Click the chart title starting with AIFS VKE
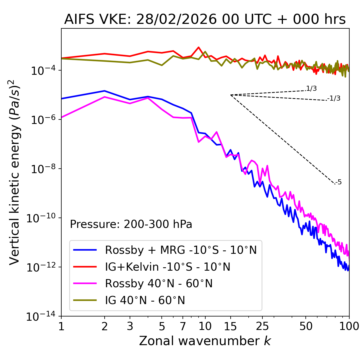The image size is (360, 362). [x=205, y=20]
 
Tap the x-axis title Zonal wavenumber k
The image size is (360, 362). [x=205, y=341]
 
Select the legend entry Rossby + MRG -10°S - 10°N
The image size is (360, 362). [x=181, y=250]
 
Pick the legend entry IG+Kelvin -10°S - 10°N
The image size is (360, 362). [x=168, y=267]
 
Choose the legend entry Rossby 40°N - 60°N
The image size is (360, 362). [x=159, y=284]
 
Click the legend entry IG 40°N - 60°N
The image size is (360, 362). [x=145, y=300]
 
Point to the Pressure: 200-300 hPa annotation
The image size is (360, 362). [x=131, y=224]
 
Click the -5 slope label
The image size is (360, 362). [x=338, y=182]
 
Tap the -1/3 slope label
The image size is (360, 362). [x=334, y=98]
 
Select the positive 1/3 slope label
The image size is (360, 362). [x=311, y=89]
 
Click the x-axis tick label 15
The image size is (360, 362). [x=230, y=326]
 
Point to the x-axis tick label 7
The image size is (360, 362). [x=183, y=326]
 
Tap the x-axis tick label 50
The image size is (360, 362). [x=306, y=326]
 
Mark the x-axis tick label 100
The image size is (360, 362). [x=349, y=326]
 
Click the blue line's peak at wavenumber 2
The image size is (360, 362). [x=105, y=91]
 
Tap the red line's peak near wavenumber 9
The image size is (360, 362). [x=199, y=47]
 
